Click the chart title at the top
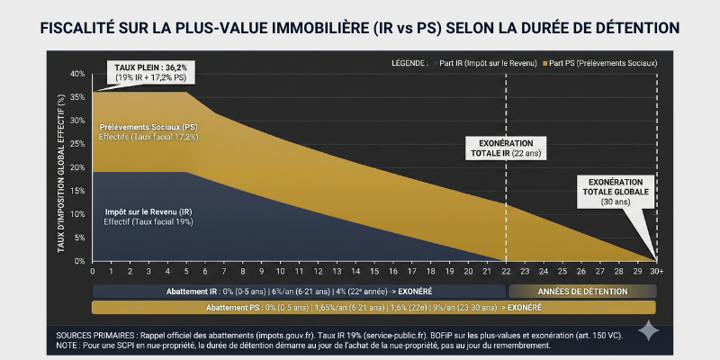[360, 28]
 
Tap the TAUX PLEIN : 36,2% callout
[149, 72]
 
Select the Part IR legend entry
[487, 64]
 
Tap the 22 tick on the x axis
[505, 271]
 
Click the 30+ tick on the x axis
[657, 271]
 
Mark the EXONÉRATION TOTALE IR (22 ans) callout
[501, 149]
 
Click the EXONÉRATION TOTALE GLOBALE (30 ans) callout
[616, 191]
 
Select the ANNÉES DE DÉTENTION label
[581, 292]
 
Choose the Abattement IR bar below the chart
[297, 292]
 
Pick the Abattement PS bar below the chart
[373, 308]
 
